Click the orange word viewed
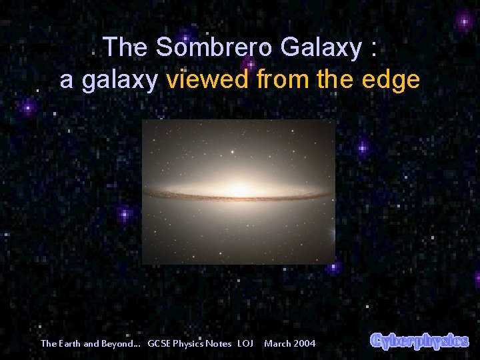click(208, 80)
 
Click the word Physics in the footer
click(191, 343)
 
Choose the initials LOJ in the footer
click(245, 343)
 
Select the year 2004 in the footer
click(305, 343)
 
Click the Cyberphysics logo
click(419, 340)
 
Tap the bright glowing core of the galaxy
click(239, 192)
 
